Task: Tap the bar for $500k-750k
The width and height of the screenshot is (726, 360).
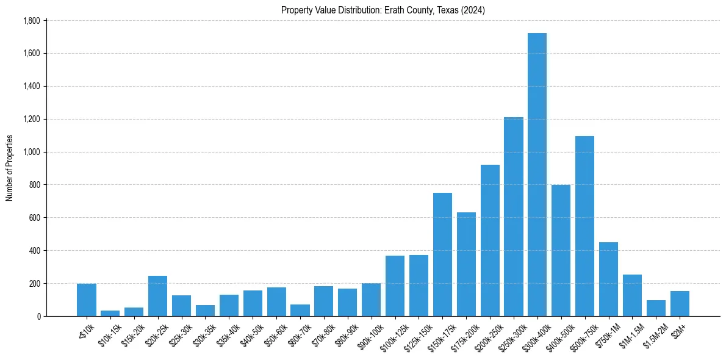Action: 584,226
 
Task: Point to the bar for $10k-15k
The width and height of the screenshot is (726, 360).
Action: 110,313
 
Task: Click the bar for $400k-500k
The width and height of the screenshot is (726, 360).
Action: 561,251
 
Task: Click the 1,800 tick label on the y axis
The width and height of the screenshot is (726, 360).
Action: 31,21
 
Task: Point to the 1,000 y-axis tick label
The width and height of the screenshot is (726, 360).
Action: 31,152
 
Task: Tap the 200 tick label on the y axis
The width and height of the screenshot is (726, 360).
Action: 34,284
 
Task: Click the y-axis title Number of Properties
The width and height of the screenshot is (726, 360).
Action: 9,168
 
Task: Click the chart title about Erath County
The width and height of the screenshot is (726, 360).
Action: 383,10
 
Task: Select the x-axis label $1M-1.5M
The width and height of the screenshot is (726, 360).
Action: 629,334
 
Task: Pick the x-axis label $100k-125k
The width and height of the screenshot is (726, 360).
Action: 391,336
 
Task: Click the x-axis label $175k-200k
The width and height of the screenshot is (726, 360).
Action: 462,336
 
